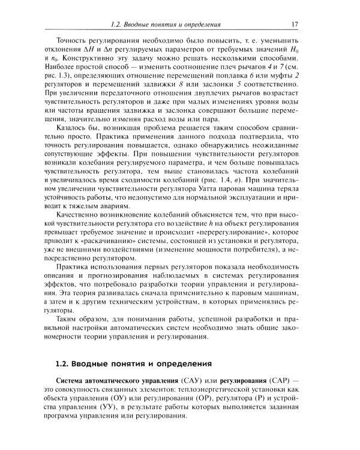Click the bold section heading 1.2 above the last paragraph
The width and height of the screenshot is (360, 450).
(133, 363)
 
